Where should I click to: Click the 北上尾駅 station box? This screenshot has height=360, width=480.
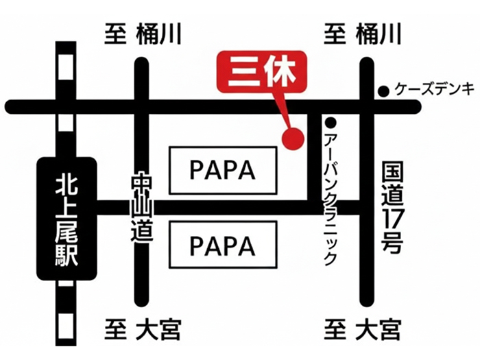(67, 218)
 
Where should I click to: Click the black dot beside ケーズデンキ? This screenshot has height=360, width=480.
(384, 90)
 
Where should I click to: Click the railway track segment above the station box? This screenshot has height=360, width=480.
(67, 96)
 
